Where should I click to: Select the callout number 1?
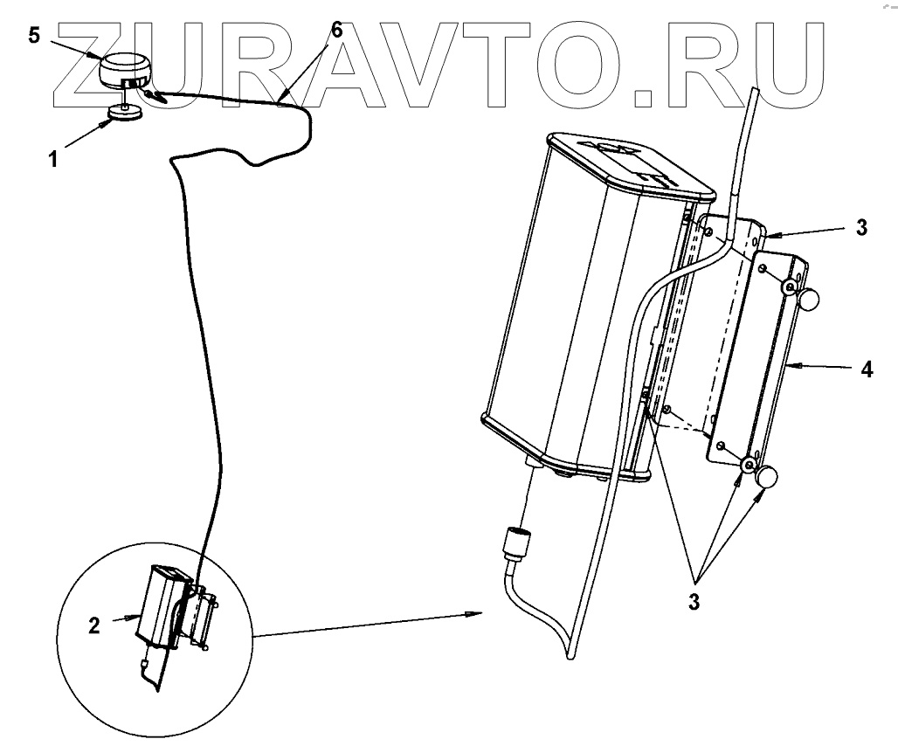(x=53, y=161)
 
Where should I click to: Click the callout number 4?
(x=865, y=370)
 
